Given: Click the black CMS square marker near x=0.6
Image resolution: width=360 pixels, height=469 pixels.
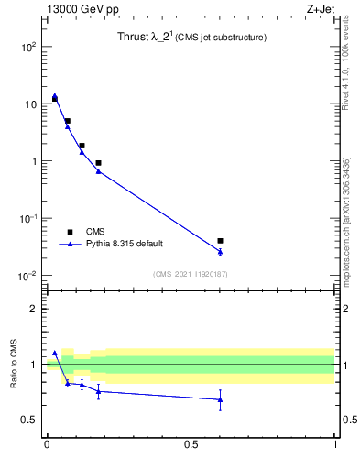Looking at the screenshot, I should pos(220,241).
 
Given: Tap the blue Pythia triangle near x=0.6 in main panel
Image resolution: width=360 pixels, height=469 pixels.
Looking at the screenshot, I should pos(220,251).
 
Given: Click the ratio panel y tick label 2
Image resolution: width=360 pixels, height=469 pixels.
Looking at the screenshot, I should pos(34,309).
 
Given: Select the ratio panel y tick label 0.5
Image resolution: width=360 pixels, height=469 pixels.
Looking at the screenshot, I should pos(29,420).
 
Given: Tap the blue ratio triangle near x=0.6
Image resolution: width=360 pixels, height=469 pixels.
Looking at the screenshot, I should pos(220,399).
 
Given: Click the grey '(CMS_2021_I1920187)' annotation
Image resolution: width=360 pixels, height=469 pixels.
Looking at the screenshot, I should pos(191,274).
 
